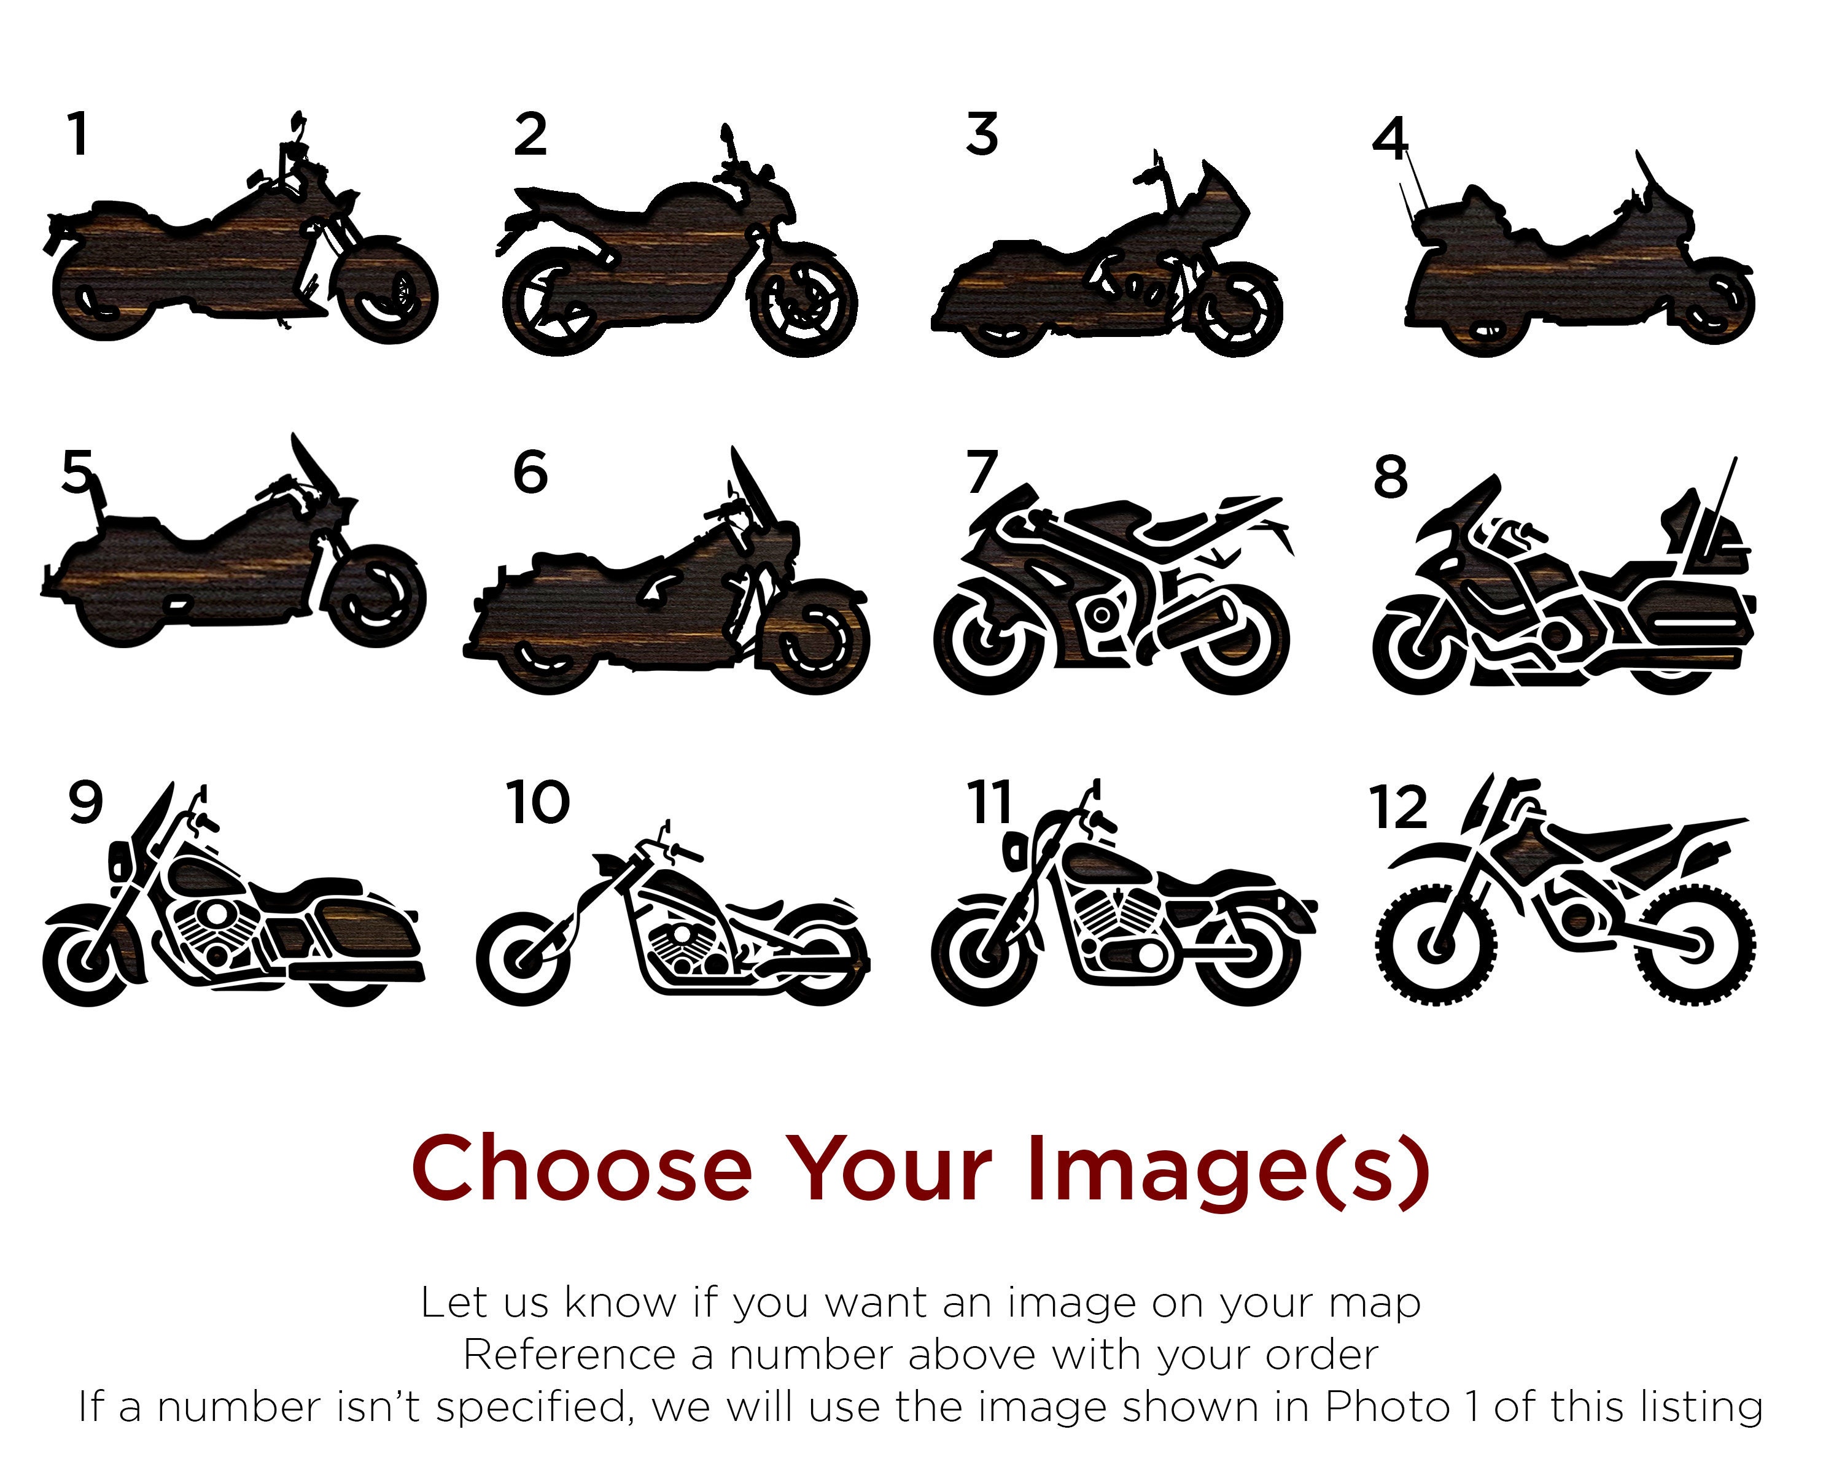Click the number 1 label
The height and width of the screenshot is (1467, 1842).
tap(79, 135)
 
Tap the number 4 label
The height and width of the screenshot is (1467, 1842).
tap(1389, 140)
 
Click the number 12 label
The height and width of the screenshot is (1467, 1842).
tap(1397, 807)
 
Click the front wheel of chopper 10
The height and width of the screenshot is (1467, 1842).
tap(523, 958)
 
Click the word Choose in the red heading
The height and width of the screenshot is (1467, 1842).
tap(581, 1168)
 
